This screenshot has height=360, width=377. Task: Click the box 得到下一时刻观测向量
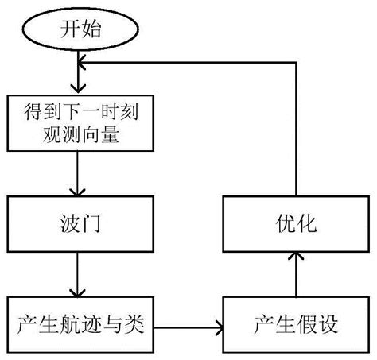(78, 123)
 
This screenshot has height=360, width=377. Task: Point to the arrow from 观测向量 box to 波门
(78, 175)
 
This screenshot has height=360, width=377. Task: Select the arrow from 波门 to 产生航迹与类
(78, 274)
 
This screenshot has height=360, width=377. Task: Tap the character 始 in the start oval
(88, 30)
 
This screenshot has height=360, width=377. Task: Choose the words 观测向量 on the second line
(78, 136)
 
